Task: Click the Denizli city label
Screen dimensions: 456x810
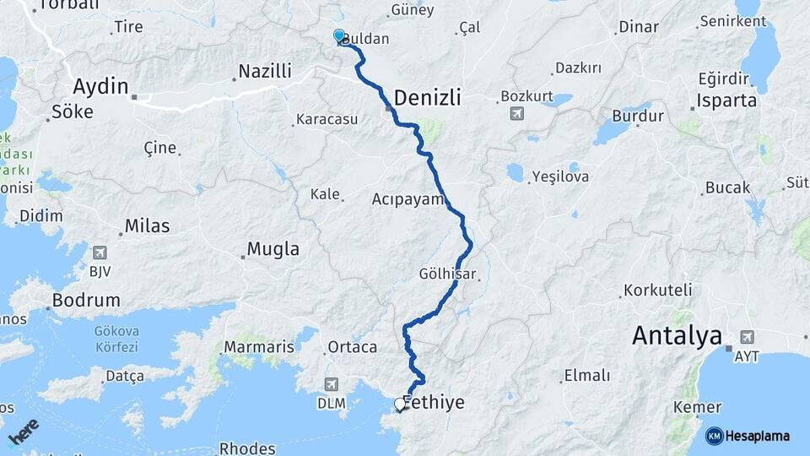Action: [428, 97]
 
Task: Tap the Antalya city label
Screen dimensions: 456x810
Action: [678, 336]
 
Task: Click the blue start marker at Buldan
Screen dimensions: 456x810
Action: [339, 36]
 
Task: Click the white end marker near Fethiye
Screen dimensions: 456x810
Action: [400, 404]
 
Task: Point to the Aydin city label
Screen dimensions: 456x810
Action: [100, 85]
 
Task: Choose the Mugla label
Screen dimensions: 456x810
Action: [273, 249]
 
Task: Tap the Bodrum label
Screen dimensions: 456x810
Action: [86, 300]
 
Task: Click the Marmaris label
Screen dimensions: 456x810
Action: [259, 347]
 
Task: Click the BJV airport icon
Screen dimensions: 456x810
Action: [100, 252]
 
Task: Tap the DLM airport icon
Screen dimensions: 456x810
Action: [332, 384]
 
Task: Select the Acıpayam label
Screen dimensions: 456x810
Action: [408, 199]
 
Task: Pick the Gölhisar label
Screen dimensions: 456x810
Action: [448, 274]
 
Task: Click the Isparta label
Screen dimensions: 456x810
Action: [727, 100]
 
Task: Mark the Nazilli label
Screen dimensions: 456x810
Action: [265, 71]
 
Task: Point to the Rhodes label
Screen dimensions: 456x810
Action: [246, 448]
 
